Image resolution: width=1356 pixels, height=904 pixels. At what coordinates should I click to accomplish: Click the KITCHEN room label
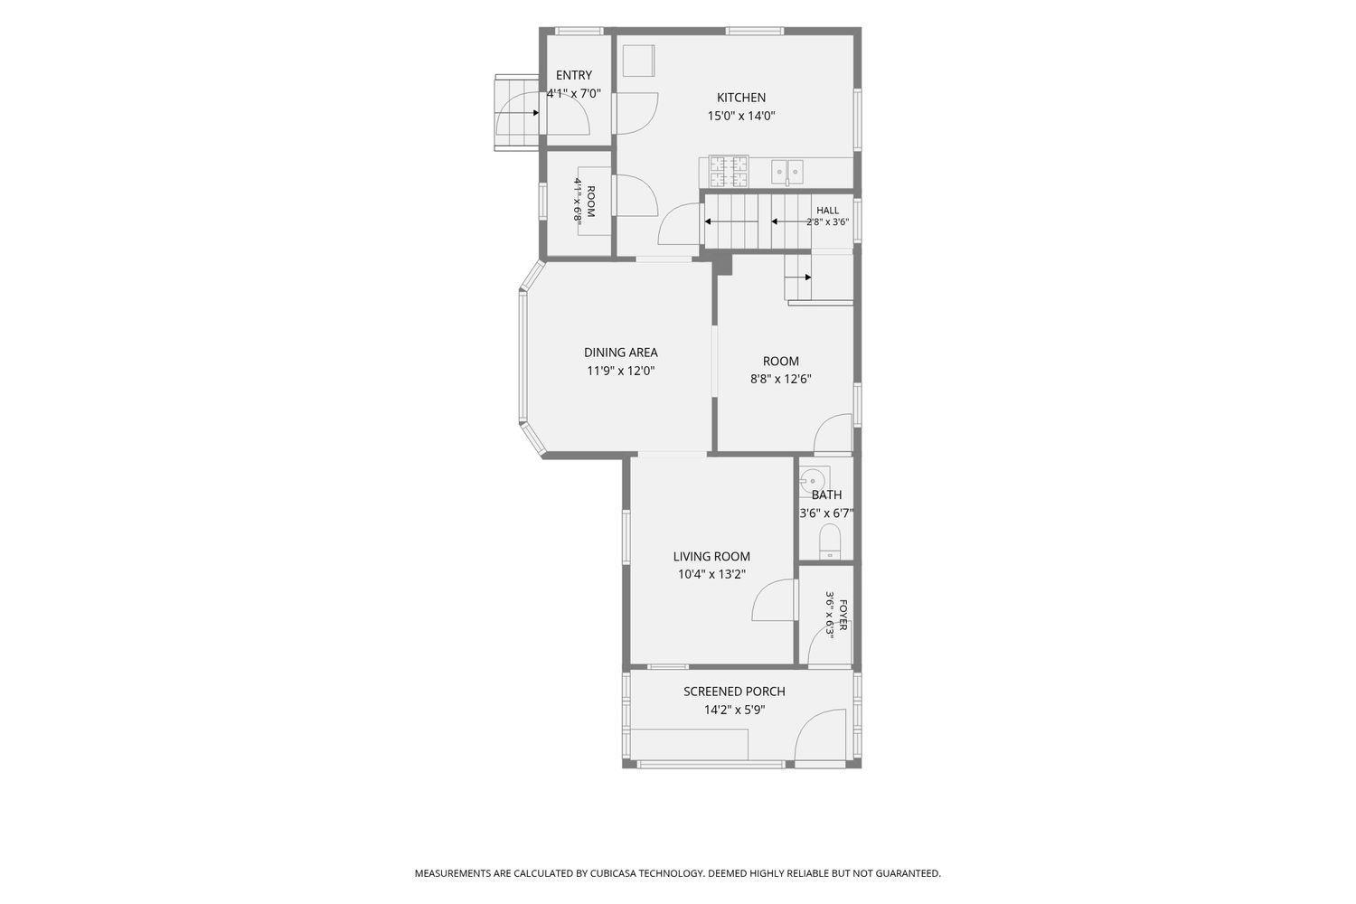741,98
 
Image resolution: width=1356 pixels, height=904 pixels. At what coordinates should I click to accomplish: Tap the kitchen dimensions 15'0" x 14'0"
741,116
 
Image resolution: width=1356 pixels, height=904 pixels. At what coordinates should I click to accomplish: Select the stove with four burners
729,171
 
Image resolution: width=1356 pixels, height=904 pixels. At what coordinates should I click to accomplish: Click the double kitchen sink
787,172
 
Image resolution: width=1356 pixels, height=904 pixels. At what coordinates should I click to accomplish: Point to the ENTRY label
573,75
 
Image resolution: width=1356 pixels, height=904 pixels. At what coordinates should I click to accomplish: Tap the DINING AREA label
620,353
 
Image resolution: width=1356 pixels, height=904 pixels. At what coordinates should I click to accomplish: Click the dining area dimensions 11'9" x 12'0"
620,371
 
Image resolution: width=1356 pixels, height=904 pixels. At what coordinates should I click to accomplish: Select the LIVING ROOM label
711,557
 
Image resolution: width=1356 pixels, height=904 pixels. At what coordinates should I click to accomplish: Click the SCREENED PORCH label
734,692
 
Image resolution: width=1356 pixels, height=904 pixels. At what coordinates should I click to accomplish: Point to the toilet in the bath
829,541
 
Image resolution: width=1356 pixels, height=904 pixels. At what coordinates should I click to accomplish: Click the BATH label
826,495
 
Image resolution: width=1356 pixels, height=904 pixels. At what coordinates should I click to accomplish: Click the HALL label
827,211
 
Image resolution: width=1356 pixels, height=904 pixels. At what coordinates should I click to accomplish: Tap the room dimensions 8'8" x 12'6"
780,380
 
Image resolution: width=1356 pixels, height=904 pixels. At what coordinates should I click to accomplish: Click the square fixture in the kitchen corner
638,61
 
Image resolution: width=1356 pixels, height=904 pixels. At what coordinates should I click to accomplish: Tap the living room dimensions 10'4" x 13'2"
711,575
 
